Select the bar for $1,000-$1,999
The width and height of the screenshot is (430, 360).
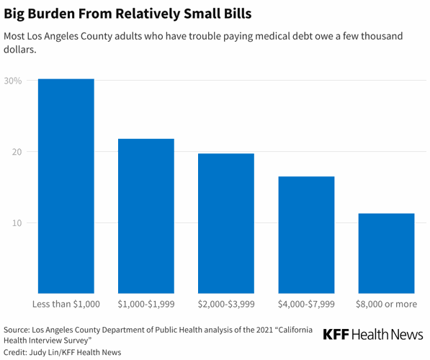pos(146,216)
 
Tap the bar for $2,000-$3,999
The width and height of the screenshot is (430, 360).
pos(226,223)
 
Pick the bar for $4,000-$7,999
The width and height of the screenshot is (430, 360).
pos(306,235)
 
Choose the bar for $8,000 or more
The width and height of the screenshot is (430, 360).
pos(386,253)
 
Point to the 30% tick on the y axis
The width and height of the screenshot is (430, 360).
pos(12,81)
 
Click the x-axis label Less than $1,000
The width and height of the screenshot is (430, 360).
pos(66,304)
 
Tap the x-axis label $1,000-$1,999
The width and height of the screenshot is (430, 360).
pos(146,304)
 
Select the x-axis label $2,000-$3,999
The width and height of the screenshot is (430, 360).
pos(226,304)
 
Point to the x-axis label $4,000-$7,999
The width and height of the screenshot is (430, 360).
pos(306,304)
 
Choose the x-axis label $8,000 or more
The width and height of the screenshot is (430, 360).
pos(386,304)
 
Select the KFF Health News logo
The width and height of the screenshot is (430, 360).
pos(373,334)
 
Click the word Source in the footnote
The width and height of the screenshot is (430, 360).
pos(18,329)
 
